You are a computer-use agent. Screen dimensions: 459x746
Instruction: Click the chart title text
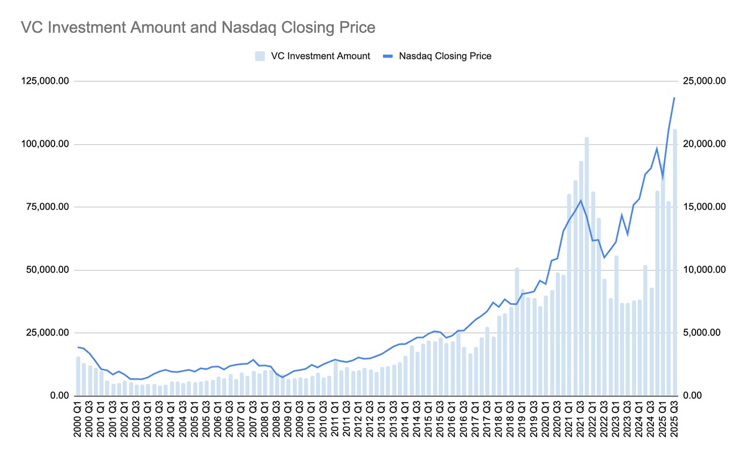[198, 27]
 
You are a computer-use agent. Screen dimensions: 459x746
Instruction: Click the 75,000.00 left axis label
[45, 207]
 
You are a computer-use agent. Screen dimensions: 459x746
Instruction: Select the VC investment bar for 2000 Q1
[78, 376]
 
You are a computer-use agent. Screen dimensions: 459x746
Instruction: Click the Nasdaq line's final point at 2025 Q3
[675, 98]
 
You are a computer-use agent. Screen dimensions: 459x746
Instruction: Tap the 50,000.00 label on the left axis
[45, 270]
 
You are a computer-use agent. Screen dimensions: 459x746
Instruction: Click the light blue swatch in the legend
[260, 56]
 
